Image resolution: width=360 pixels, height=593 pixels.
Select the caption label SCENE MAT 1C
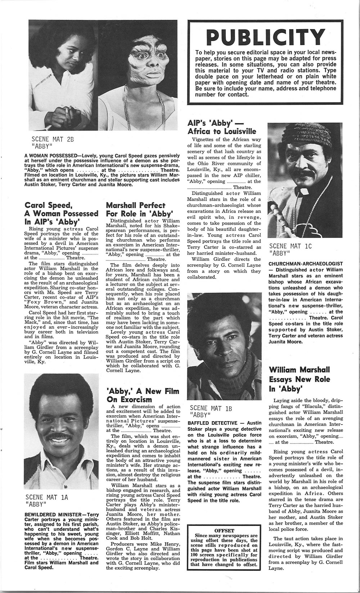[x=290, y=246]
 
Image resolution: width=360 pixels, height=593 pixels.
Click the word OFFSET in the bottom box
[x=224, y=531]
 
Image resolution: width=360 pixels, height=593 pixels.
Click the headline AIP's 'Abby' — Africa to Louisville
[x=222, y=127]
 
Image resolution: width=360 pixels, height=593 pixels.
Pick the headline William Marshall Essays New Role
[x=299, y=379]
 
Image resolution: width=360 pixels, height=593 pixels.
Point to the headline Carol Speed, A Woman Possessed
[x=61, y=213]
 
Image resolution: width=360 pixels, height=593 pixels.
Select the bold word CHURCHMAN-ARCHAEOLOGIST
[x=305, y=264]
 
